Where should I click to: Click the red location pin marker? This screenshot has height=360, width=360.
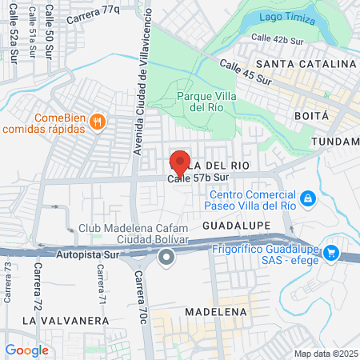(x=180, y=162)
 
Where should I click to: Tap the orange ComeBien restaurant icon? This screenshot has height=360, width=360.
(x=97, y=122)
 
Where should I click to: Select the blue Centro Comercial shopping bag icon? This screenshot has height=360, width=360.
(x=307, y=197)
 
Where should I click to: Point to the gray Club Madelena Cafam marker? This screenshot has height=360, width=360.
(x=166, y=257)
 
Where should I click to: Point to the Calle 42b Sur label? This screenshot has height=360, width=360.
(x=280, y=37)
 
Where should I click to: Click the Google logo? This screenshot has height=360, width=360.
(x=26, y=350)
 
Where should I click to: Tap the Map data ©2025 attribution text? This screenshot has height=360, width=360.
(x=323, y=354)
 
